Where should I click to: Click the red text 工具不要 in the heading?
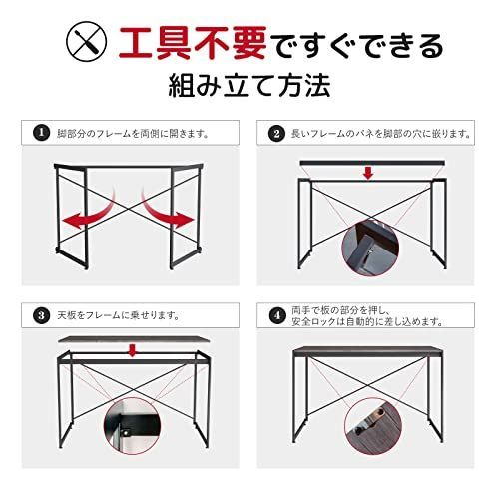[x=190, y=44]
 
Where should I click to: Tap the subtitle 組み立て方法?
[x=249, y=88]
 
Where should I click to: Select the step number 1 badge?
[x=40, y=132]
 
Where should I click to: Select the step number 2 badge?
[x=276, y=132]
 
